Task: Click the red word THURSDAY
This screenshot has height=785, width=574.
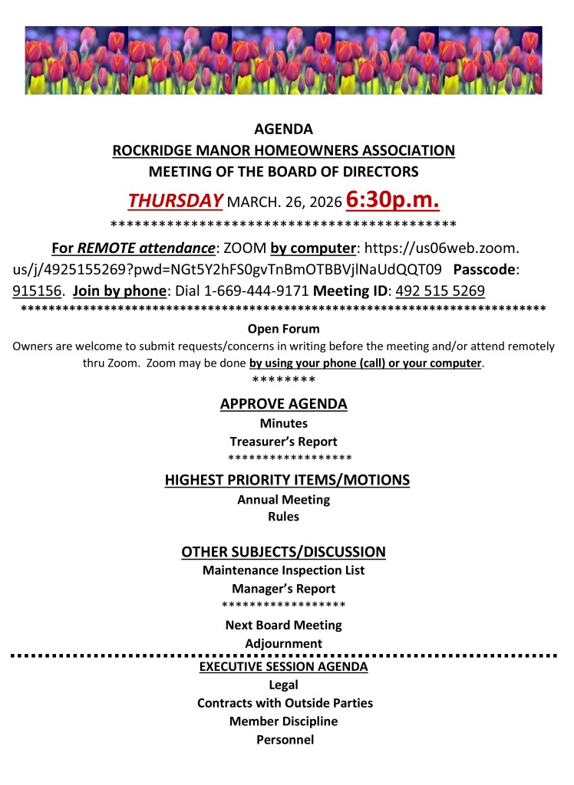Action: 175,200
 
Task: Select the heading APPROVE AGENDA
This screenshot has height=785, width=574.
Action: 283,404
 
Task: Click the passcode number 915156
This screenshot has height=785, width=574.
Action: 37,291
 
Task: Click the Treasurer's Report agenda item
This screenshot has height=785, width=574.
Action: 283,442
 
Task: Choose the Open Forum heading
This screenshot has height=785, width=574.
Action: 283,329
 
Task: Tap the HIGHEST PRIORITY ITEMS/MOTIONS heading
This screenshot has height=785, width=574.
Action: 287,481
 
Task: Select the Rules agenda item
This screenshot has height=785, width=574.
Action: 283,517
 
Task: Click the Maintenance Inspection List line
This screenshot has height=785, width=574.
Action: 283,570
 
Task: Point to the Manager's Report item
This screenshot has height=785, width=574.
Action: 283,589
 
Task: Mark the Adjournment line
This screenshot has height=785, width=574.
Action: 283,643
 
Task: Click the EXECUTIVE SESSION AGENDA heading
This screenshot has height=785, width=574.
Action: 283,667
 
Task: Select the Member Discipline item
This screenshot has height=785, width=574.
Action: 283,721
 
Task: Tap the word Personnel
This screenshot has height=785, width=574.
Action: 283,740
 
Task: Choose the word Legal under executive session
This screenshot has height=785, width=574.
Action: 283,685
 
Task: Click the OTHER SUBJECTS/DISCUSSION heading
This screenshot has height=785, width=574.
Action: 283,552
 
